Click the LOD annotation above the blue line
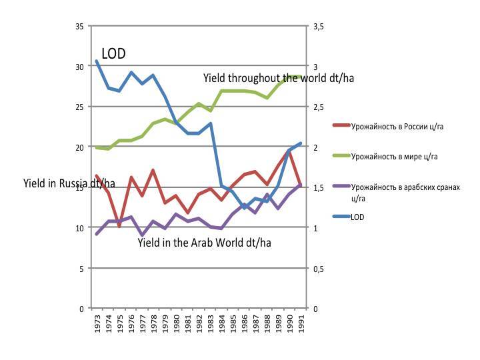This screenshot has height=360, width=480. [x=113, y=54]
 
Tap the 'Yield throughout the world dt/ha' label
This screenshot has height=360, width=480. [x=279, y=78]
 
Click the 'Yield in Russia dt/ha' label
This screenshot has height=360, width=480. [x=69, y=183]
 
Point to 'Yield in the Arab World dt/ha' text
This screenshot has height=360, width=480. [x=204, y=243]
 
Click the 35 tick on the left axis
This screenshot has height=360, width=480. [x=79, y=26]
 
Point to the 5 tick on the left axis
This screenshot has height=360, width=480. [x=81, y=269]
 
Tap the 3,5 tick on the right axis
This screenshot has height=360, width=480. [x=318, y=26]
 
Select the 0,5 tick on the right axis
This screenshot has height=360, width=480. [x=318, y=269]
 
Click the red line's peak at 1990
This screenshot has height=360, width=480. [x=289, y=151]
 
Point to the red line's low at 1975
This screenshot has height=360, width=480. [x=119, y=227]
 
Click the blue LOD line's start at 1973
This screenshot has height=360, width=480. [x=97, y=61]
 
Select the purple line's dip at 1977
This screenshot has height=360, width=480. [x=142, y=235]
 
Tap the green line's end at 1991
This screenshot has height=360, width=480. [x=301, y=77]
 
